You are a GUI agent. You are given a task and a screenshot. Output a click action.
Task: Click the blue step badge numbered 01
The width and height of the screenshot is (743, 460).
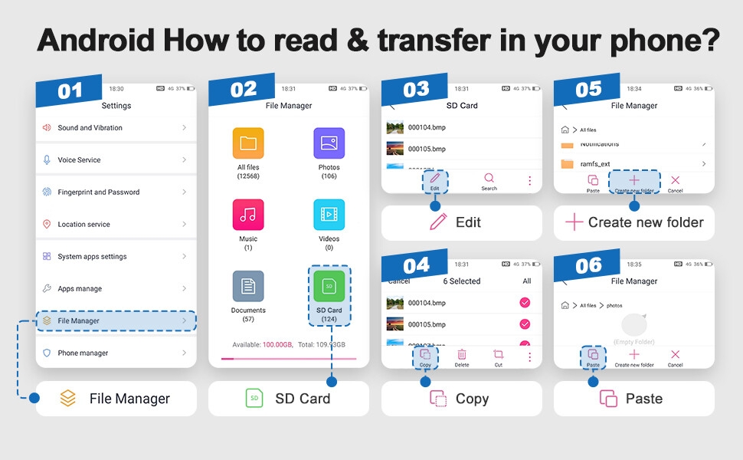point(69,91)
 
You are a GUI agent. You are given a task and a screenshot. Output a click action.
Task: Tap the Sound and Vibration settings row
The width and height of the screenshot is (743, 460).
point(115,128)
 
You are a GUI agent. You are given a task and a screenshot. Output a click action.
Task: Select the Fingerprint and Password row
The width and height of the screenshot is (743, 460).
point(115,192)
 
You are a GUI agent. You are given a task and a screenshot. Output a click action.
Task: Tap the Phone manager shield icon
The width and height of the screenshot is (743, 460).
point(47,353)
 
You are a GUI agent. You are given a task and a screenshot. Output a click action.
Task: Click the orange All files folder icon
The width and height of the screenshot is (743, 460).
point(248,143)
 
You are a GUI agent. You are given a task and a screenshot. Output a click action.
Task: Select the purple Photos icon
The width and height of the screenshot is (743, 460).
point(329,143)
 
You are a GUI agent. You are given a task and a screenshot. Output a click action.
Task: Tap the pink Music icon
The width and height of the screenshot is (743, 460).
point(248,215)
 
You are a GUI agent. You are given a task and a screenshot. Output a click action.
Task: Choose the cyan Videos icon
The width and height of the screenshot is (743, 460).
point(329,215)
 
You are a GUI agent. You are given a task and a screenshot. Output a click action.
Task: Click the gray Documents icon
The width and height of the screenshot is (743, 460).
point(248,286)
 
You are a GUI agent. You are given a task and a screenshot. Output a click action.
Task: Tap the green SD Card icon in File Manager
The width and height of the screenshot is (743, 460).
point(329,286)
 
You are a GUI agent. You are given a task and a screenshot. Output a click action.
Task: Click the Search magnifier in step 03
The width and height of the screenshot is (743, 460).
point(489,179)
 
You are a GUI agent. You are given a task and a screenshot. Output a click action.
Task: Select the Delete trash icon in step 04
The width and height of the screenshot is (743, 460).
point(462,354)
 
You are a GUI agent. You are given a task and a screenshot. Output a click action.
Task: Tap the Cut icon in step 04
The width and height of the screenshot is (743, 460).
point(498,354)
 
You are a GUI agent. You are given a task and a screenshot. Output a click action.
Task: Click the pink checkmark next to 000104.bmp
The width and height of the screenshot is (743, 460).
point(525,303)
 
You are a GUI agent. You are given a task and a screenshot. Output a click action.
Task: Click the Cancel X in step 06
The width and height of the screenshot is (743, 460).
point(675,354)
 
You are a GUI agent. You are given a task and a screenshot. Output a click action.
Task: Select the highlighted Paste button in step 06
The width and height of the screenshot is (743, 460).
point(593,357)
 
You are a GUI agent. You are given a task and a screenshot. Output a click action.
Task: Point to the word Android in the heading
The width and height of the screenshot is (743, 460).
point(91,40)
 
